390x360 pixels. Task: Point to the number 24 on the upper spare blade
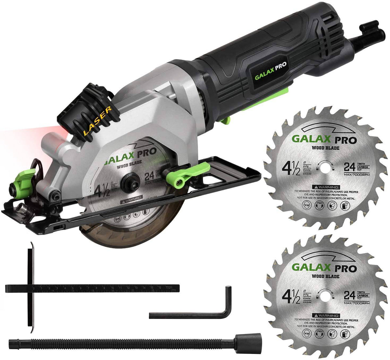351,167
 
